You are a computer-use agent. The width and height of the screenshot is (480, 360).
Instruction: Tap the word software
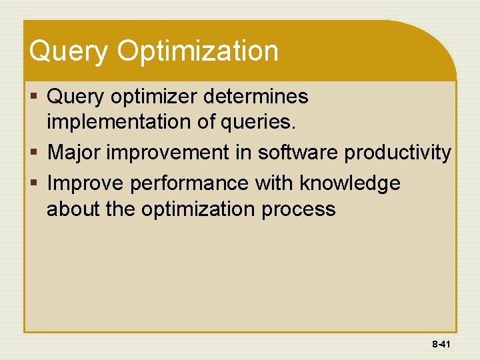(298, 153)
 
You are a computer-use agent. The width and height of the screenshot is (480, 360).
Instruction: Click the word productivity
(398, 153)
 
